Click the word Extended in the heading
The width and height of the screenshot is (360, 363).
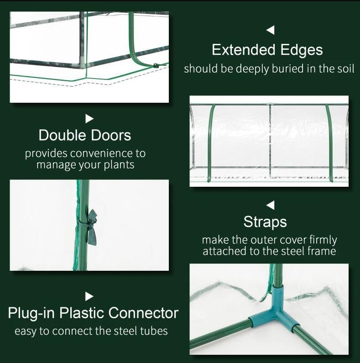pos(243,50)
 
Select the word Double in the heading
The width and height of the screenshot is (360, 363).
pos(62,135)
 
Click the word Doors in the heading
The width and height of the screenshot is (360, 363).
pos(111,135)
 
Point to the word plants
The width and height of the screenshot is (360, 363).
pos(119,165)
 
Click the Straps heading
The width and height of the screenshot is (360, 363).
pos(265,222)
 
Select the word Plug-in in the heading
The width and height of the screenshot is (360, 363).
pos(31,313)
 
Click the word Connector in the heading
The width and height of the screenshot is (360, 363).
pos(143,313)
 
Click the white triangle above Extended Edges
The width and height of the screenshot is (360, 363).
pos(271,30)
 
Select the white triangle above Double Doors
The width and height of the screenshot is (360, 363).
pos(89,119)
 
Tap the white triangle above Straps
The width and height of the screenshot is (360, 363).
pos(271,205)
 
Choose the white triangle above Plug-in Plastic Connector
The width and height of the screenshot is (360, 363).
pos(89,296)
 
